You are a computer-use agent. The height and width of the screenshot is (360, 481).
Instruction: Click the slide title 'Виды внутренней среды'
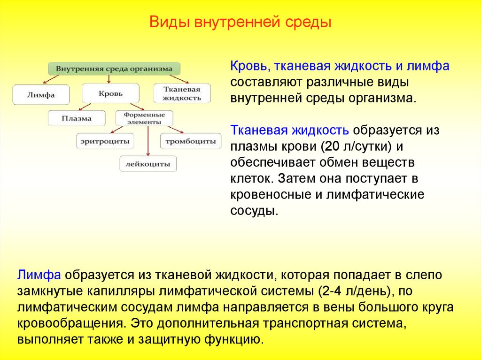coord(240,23)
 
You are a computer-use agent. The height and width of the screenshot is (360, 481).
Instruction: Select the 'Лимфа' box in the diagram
coord(41,94)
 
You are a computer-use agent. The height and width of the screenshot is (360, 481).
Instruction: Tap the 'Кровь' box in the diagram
coord(110,93)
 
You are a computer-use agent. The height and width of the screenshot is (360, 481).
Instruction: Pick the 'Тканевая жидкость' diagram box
coord(181,93)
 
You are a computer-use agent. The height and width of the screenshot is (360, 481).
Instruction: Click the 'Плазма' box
coord(76,118)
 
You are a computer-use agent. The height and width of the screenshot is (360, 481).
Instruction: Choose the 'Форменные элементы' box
coord(144,118)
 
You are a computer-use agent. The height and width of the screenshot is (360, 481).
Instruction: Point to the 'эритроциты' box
coord(104,141)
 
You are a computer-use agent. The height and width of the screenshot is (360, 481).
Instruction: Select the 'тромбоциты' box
coord(190,141)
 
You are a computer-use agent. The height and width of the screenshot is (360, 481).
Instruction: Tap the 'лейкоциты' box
coord(147,164)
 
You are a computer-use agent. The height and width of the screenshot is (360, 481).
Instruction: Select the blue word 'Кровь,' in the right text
coord(248,66)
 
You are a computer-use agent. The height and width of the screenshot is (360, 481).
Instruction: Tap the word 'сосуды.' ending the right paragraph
coord(254,211)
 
